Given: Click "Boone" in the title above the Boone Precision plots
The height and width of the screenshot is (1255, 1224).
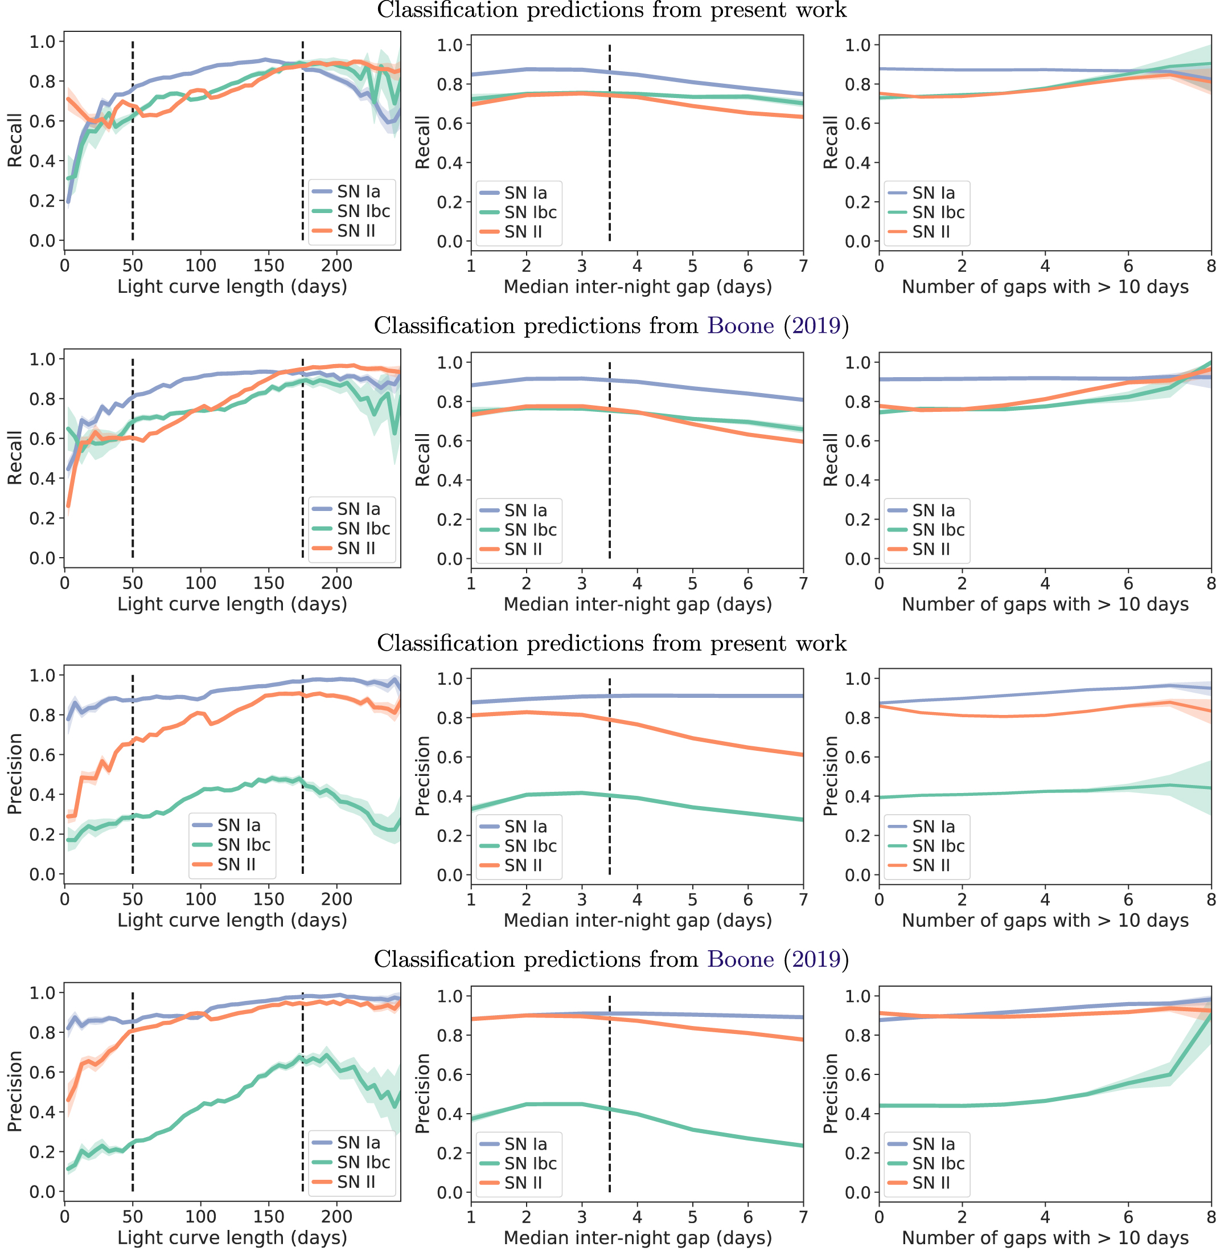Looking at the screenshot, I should click(741, 959).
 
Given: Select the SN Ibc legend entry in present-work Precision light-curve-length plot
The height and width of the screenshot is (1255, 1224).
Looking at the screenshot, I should click(244, 845).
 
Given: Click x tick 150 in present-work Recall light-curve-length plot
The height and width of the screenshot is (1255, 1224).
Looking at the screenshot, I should click(269, 265).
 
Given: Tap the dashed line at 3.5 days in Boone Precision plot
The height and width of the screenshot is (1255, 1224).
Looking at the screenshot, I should click(609, 1094).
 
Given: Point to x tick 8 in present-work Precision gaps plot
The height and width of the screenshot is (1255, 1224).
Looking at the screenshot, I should click(1211, 900).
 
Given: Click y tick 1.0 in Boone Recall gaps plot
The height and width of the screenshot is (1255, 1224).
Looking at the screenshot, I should click(857, 362).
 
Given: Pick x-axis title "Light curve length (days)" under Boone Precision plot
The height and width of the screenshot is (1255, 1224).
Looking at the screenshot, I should click(232, 1238).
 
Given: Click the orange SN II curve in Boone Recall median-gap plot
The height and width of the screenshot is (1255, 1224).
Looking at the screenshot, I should click(693, 423).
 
